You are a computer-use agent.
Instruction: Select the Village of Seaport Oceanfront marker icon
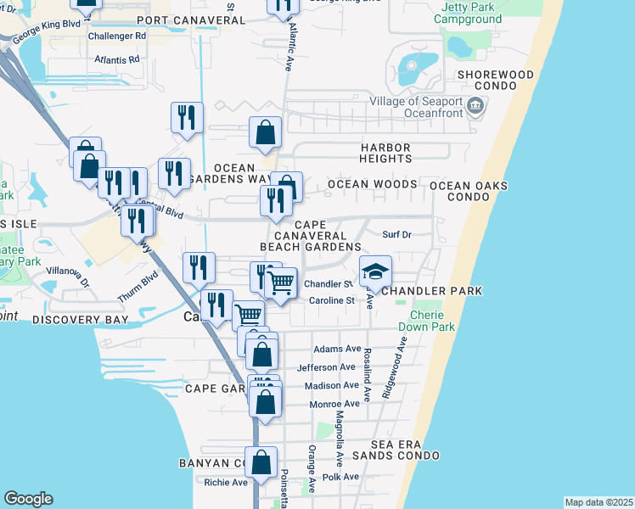[475, 107]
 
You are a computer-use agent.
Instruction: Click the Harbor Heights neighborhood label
[374, 153]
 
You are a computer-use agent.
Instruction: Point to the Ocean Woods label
[373, 184]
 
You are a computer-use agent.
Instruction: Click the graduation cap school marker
[375, 271]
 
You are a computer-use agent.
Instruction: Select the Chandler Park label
[432, 291]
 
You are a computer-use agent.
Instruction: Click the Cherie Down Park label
[433, 320]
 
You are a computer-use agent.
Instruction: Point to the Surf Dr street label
[396, 235]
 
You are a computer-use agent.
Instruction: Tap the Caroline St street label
[331, 300]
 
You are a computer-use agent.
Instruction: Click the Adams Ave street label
[337, 349]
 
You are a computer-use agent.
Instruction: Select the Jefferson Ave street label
[326, 367]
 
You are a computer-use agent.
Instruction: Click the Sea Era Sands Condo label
[406, 450]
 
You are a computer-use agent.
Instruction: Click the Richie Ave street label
[226, 482]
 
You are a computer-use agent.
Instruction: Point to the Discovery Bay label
[81, 320]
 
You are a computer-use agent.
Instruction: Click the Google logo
[28, 499]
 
